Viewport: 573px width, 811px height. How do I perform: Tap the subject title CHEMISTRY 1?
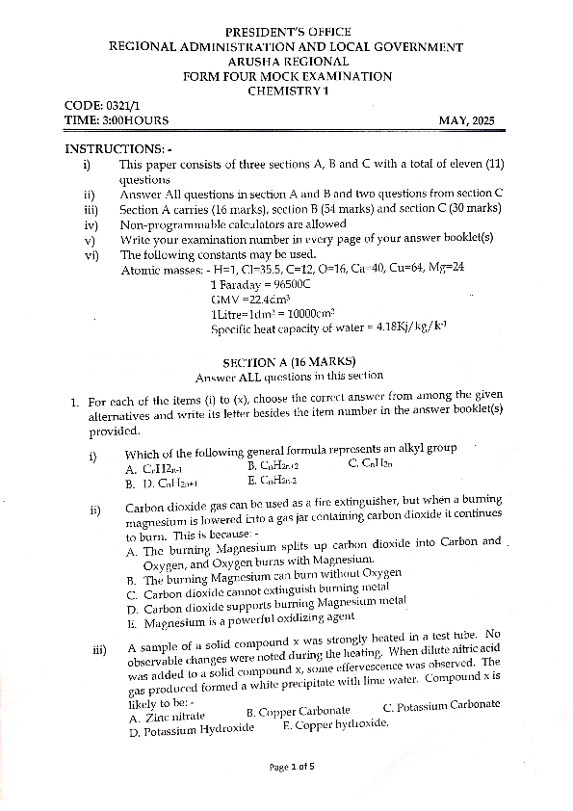tap(288, 91)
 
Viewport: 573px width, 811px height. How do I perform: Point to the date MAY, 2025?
tap(466, 120)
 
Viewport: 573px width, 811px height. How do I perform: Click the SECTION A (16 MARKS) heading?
tap(286, 362)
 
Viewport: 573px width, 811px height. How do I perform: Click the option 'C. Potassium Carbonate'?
tap(441, 705)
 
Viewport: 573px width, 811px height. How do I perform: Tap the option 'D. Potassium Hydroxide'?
tap(191, 730)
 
